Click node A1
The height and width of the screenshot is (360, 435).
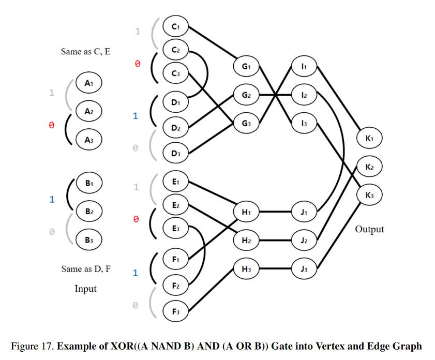88,82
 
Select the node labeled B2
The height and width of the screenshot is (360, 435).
88,211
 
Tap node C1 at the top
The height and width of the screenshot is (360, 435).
175,25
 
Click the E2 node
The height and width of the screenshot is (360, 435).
175,205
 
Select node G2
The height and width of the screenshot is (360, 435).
246,95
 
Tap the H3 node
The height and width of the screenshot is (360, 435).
246,269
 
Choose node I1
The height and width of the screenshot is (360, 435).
304,67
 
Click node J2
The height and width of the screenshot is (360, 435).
304,241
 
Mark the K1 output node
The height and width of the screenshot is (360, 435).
369,138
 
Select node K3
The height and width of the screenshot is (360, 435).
369,195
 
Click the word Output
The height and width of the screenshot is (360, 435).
369,229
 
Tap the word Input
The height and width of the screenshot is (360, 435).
85,289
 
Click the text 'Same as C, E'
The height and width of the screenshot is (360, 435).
85,52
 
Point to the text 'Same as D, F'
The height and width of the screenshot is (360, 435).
85,269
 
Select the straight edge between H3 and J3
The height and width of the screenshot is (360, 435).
275,269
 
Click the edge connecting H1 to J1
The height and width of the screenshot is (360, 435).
275,212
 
